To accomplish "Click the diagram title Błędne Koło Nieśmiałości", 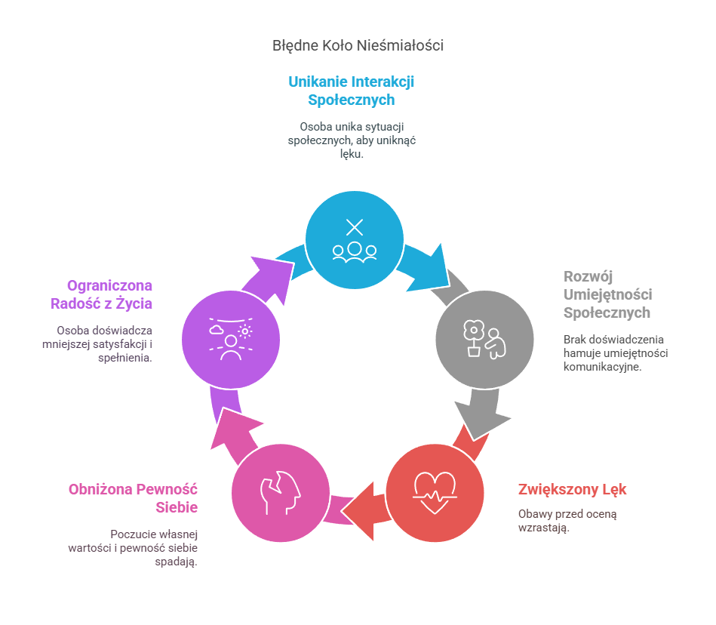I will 358,45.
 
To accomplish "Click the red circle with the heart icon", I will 435,492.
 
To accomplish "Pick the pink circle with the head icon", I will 280,492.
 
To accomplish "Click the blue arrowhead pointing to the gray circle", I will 433,266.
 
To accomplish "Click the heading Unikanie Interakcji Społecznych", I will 352,91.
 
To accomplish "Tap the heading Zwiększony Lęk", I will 572,489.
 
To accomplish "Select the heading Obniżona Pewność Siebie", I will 133,497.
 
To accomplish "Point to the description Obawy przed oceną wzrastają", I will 567,521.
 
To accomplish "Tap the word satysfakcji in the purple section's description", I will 118,344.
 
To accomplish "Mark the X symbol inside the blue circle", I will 355,226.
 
